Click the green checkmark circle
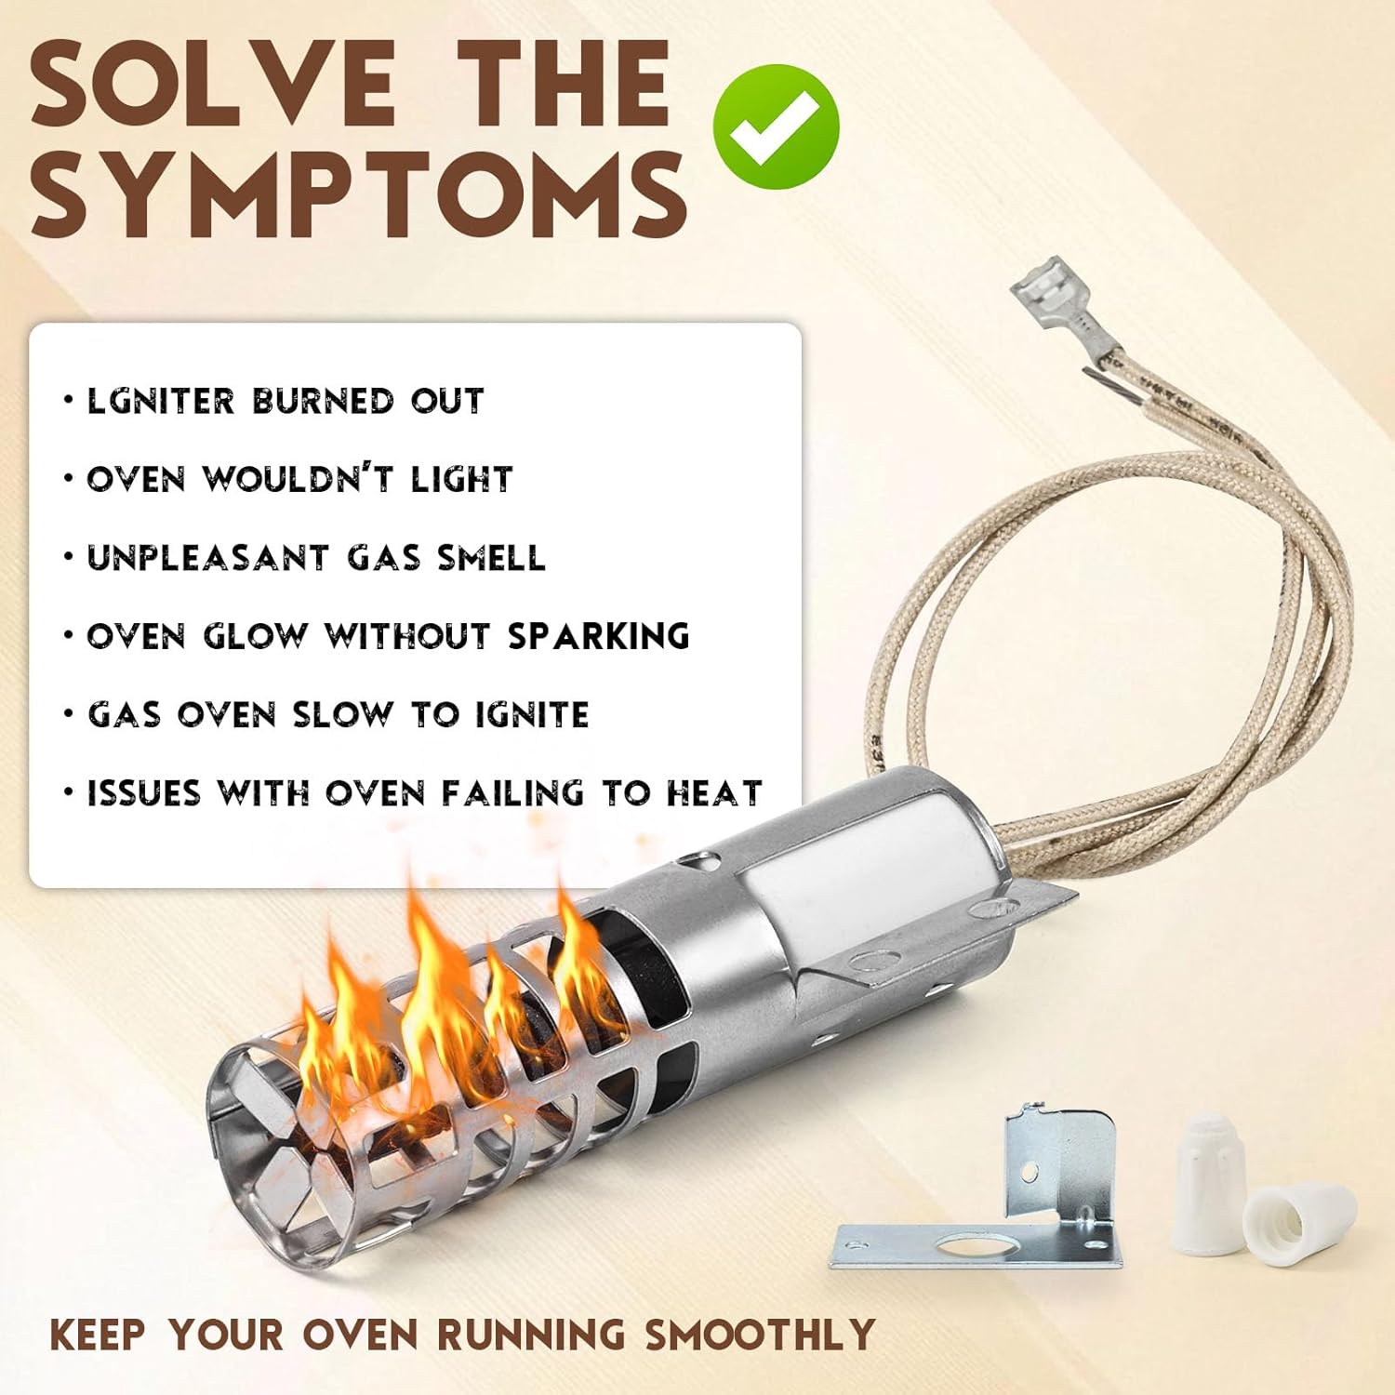click(777, 126)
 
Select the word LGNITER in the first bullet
click(161, 401)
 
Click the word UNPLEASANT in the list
click(208, 558)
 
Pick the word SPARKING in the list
click(599, 636)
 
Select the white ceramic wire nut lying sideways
click(1299, 1218)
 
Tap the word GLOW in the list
click(255, 636)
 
